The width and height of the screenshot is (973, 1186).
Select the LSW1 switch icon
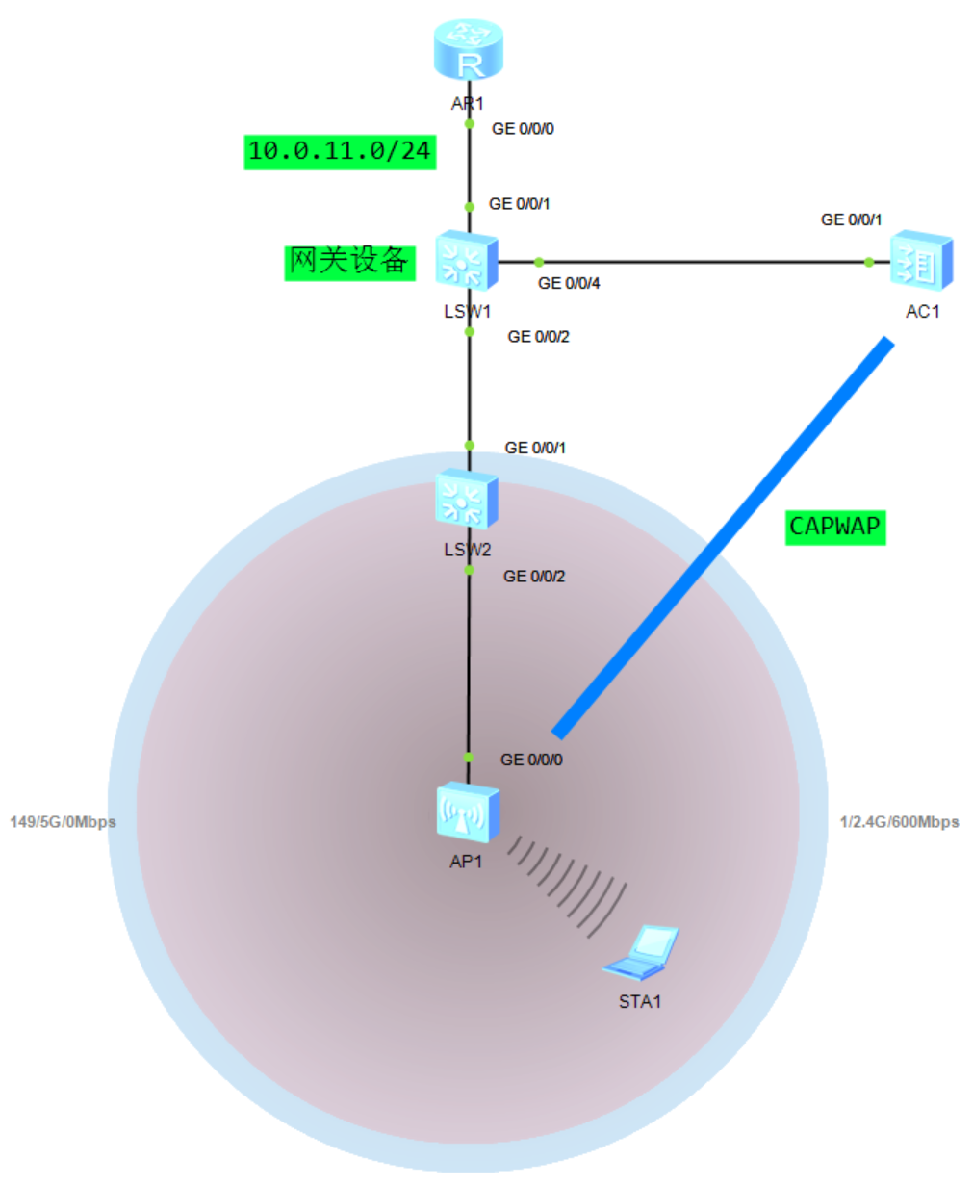click(467, 261)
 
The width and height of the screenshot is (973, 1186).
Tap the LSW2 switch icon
click(467, 500)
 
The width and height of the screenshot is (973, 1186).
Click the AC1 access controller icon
click(922, 261)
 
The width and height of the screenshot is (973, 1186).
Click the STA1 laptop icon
click(643, 953)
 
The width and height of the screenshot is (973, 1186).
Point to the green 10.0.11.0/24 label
click(340, 151)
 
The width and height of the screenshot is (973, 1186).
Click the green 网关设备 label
click(349, 261)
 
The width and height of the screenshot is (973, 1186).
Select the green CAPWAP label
click(834, 527)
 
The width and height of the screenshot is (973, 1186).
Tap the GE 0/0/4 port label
click(569, 283)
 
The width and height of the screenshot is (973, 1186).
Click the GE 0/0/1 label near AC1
click(851, 219)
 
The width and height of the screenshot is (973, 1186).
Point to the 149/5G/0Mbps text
click(63, 822)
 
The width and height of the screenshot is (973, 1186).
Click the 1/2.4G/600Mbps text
click(899, 822)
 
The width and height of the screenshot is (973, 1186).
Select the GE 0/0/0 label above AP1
click(531, 760)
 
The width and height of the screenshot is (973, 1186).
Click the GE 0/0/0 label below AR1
click(523, 128)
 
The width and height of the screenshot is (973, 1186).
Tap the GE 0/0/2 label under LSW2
click(534, 577)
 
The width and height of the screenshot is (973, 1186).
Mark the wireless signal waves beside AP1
click(568, 884)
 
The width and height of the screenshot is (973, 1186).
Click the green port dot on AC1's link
click(869, 262)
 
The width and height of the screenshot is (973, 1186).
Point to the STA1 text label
click(640, 1002)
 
